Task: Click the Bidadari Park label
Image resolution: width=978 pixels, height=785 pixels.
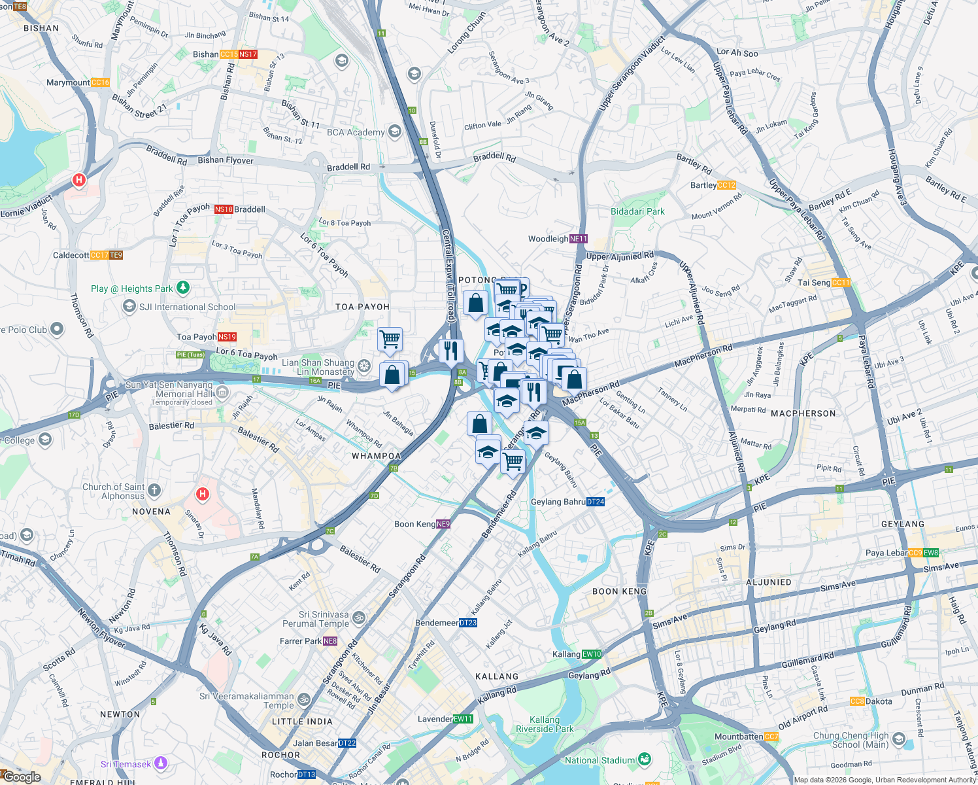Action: (637, 211)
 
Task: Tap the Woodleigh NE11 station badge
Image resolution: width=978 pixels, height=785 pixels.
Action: (579, 239)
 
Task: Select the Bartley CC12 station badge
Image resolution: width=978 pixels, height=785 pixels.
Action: (726, 185)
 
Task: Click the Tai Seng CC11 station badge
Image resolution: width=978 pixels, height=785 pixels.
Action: (841, 283)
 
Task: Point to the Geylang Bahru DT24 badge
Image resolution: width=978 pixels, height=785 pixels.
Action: (595, 502)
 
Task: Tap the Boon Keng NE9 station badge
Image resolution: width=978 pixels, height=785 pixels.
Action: (443, 524)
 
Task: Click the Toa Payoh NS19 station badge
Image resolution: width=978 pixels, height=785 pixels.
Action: (227, 337)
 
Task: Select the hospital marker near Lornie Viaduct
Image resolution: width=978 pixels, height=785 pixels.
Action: (79, 180)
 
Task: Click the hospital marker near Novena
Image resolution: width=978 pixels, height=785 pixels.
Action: (203, 494)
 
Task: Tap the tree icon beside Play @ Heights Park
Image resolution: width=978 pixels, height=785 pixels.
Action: (184, 288)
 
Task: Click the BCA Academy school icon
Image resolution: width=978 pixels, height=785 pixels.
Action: (394, 132)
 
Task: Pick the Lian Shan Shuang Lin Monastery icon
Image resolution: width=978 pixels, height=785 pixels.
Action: (364, 366)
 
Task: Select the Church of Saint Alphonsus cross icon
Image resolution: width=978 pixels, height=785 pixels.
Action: (154, 490)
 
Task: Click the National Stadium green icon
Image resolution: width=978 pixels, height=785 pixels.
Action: (645, 759)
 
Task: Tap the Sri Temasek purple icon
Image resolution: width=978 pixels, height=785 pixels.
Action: (161, 763)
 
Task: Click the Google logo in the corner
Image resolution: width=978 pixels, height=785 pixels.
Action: (22, 777)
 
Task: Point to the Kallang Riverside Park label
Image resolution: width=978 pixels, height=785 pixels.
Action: (545, 724)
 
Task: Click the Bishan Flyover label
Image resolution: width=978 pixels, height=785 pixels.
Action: (226, 160)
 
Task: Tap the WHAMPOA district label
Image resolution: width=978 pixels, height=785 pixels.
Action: (376, 456)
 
